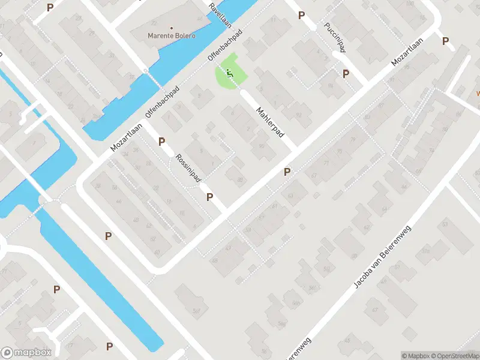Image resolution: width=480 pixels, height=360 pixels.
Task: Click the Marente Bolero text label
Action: tap(171, 35)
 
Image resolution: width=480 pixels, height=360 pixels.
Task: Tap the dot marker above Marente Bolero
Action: tap(172, 28)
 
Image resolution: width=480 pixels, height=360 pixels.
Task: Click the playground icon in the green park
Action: tap(229, 74)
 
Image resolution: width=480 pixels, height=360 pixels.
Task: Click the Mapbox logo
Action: tap(26, 353)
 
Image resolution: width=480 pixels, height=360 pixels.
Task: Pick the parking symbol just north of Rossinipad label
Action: tap(161, 142)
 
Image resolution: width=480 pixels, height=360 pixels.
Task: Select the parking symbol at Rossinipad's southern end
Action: tap(210, 197)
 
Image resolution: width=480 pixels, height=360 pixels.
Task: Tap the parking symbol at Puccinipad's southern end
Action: tap(346, 74)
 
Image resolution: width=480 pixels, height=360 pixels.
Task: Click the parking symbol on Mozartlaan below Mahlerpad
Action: tap(287, 172)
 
